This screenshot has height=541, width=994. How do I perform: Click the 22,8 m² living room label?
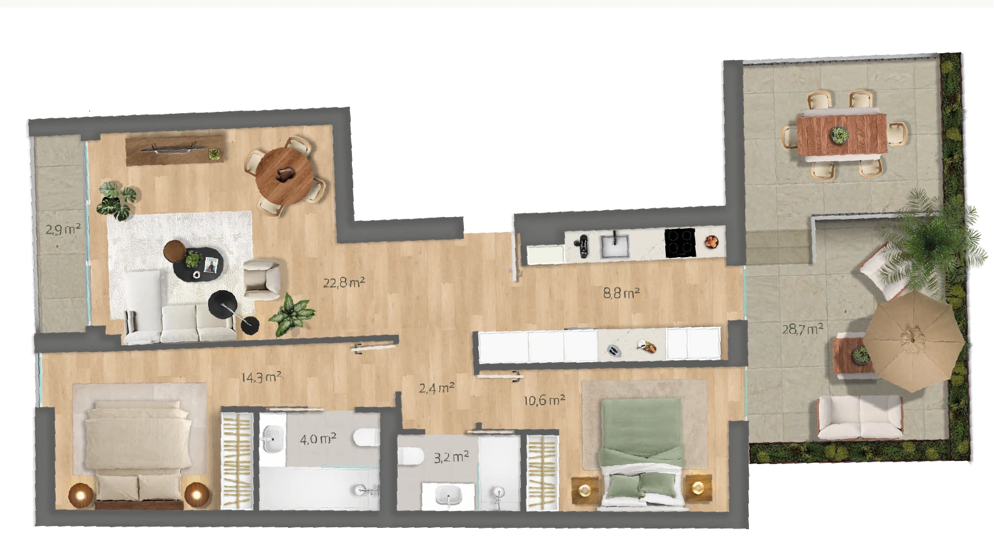[x=344, y=282]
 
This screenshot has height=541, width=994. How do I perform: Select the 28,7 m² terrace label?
[x=802, y=329]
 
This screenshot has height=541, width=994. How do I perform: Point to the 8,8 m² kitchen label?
[x=621, y=293]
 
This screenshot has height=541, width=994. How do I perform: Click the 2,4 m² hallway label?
[x=436, y=388]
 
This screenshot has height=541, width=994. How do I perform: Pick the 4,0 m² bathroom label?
[x=318, y=440]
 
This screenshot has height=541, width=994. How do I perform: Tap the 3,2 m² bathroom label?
[x=451, y=457]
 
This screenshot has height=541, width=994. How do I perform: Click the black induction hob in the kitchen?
[x=680, y=243]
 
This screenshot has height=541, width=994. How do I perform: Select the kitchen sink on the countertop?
[x=615, y=246]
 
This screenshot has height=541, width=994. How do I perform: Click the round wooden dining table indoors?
[x=284, y=176]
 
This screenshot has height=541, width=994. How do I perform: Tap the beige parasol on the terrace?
[x=913, y=341]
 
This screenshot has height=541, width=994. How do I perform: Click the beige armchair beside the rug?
[x=261, y=279]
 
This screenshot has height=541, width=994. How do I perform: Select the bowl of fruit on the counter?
[x=711, y=242]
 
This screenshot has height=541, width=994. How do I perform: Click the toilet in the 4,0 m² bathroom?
[x=366, y=437]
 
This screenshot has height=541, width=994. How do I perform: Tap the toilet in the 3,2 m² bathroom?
[x=410, y=456]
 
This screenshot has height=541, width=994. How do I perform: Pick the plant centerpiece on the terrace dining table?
[x=840, y=134]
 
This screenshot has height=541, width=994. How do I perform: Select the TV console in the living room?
[x=174, y=151]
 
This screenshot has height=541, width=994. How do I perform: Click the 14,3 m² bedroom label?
[x=261, y=378]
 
